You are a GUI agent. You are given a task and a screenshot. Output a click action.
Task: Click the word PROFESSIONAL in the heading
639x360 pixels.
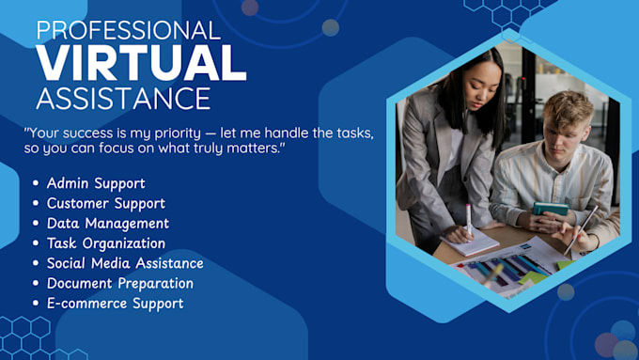pos(128,30)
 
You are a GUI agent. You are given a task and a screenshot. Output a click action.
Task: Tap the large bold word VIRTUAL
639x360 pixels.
pos(141,64)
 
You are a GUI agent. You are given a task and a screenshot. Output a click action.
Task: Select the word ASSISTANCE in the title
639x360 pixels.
pos(123,98)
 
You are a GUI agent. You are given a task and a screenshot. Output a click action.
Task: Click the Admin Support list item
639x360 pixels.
pos(96,183)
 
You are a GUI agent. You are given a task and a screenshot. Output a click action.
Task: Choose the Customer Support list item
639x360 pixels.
pos(105,203)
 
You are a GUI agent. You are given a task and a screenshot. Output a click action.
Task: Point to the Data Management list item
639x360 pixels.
pos(107,223)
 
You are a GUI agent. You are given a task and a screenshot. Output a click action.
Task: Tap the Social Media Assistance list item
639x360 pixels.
pos(125,263)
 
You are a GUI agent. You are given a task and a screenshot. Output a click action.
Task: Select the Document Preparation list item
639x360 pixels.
pos(119,283)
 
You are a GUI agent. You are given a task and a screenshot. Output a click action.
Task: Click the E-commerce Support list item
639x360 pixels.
pos(115,303)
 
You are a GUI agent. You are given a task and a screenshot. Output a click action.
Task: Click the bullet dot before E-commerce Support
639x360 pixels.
pos(36,304)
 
